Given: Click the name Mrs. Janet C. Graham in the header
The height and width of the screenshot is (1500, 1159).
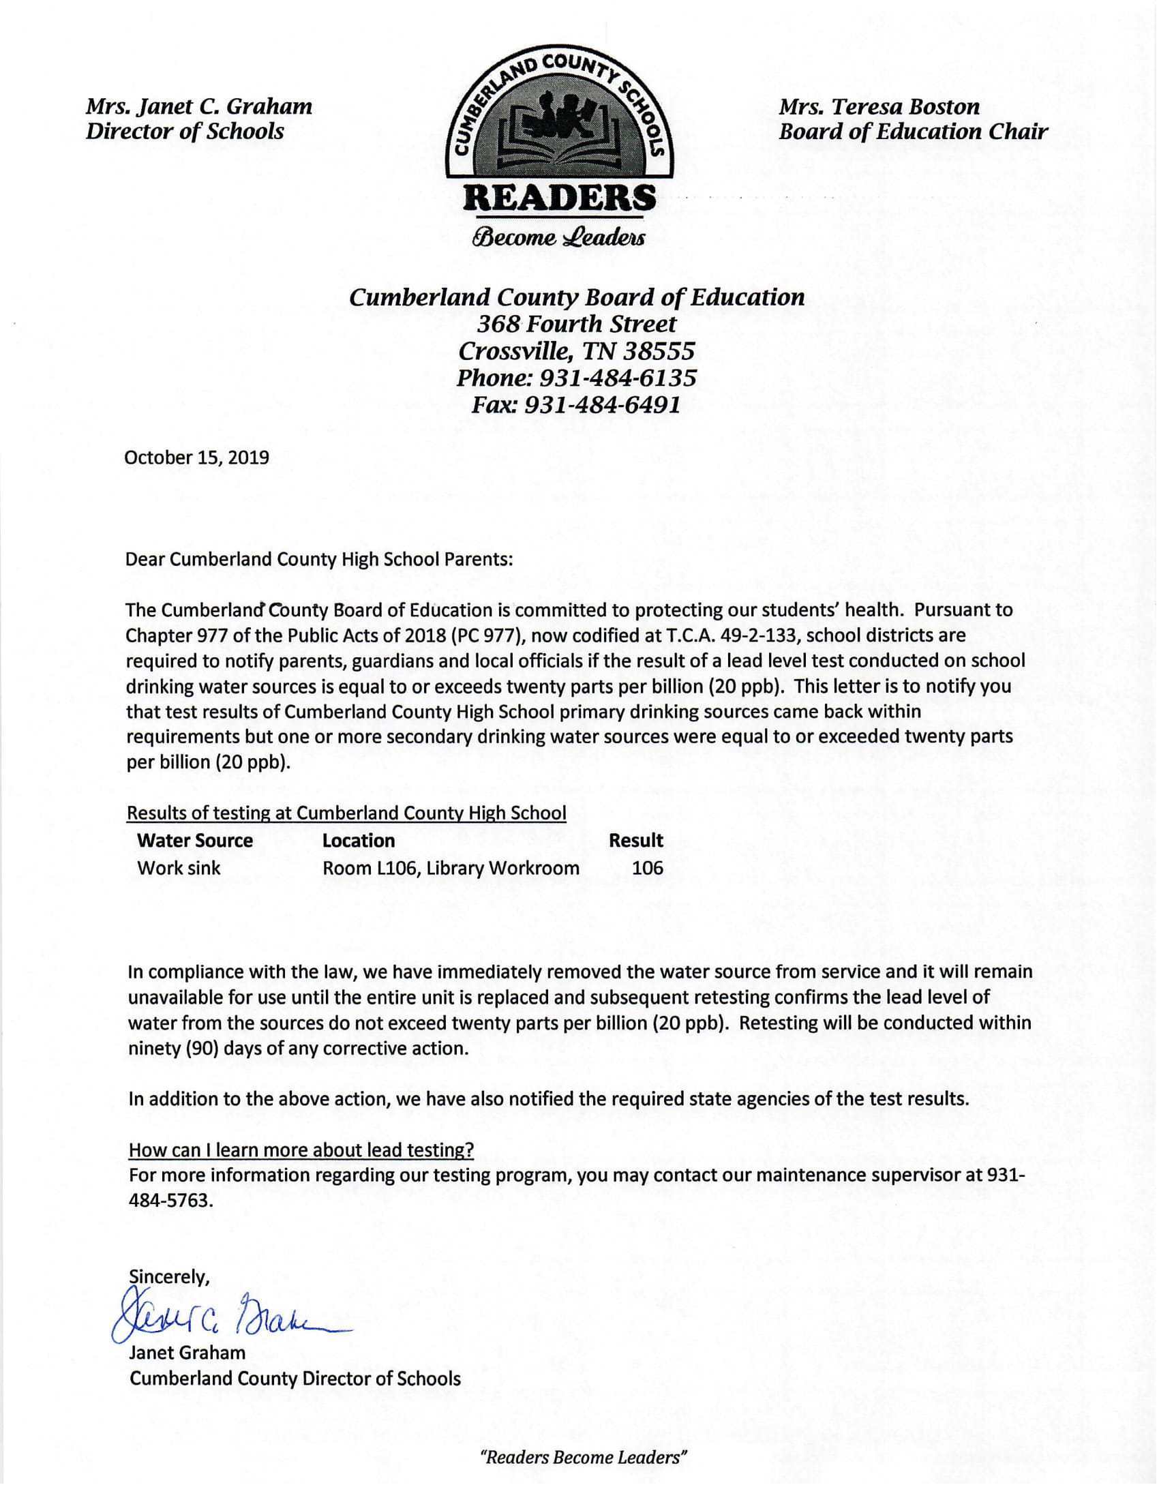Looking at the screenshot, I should [198, 106].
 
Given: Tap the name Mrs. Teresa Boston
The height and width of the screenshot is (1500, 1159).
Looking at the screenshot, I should [879, 106].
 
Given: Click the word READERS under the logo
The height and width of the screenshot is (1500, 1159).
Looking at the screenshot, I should [560, 198].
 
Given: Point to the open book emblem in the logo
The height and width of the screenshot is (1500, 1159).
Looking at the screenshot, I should [560, 134].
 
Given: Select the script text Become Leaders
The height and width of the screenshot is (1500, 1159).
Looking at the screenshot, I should [558, 237].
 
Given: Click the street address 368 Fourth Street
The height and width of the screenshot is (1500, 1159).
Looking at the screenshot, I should [577, 324].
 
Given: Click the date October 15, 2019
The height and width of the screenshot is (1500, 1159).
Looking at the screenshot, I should [196, 458].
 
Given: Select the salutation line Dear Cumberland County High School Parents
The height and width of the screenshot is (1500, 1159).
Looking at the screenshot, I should [319, 559].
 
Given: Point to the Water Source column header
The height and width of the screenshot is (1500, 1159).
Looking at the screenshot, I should [195, 841].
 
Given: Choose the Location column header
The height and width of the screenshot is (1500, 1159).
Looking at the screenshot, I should [359, 841].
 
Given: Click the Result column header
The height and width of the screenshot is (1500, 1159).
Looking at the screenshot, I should [636, 841].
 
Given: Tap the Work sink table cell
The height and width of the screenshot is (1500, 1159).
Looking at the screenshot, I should [179, 868].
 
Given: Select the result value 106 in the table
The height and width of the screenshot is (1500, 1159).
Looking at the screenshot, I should [648, 868].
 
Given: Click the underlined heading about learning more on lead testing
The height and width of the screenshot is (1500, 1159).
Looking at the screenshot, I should [301, 1150].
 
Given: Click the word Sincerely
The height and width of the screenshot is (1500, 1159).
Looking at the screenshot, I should [169, 1277].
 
